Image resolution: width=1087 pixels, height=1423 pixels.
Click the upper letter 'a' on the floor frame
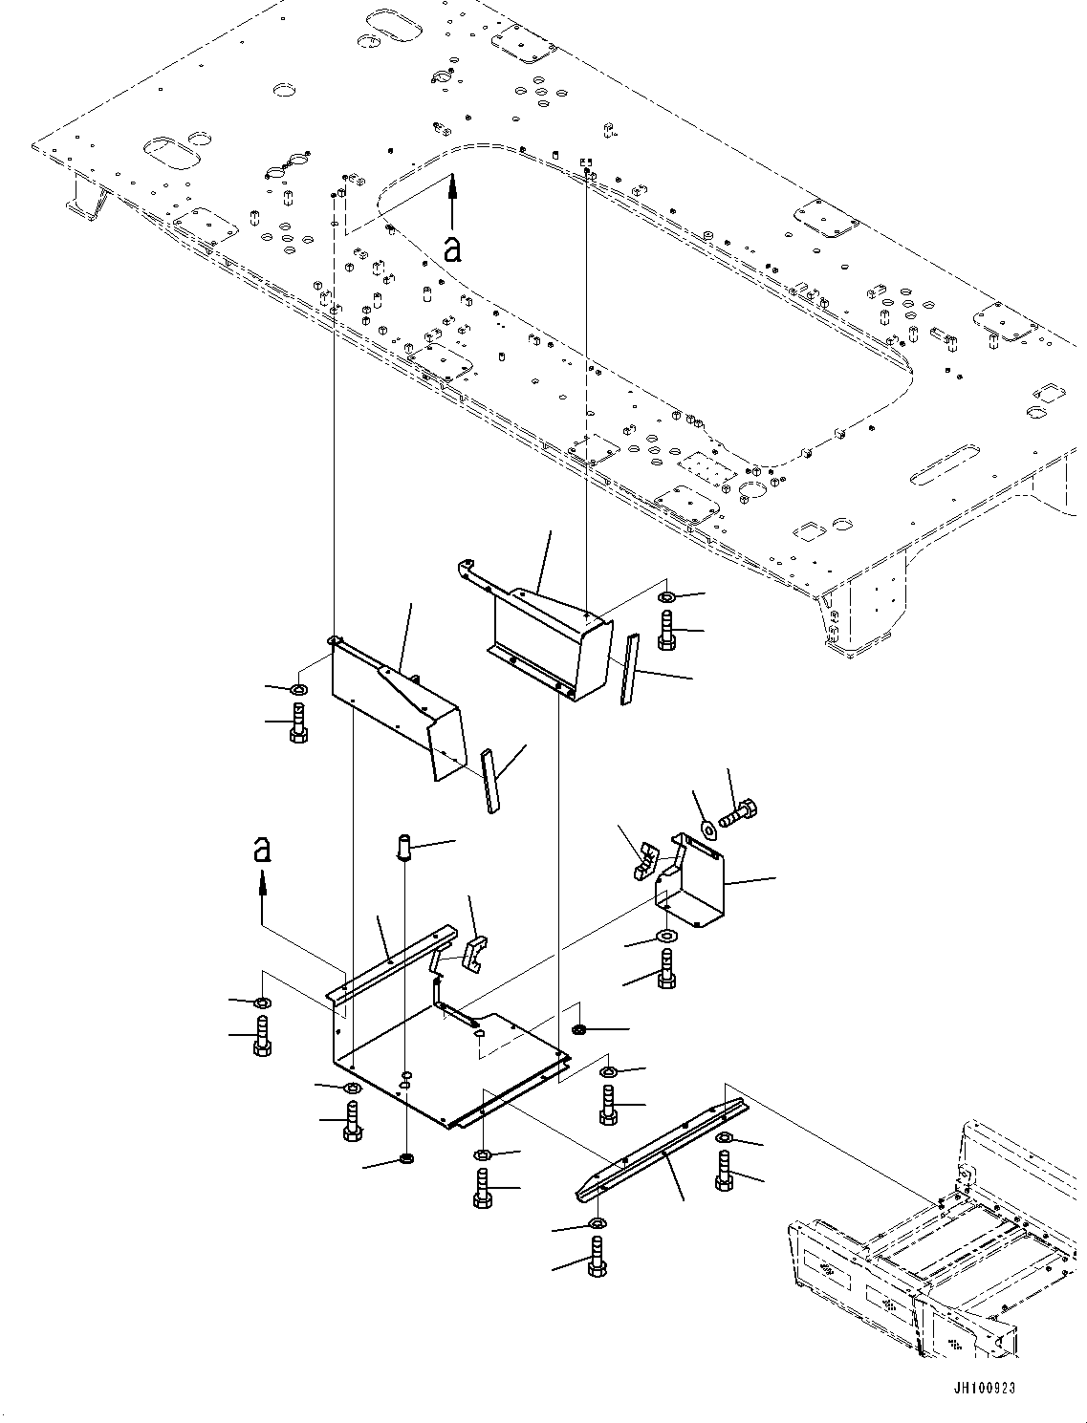point(453,248)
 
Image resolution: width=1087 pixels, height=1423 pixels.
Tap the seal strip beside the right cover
point(627,669)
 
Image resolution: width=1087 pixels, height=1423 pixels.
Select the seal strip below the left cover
point(489,780)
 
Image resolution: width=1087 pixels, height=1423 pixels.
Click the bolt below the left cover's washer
point(297,722)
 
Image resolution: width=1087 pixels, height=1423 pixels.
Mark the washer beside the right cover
point(666,598)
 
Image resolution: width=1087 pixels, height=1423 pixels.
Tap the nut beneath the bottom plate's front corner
point(406,1160)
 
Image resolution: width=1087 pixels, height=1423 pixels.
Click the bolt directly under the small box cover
point(666,970)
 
